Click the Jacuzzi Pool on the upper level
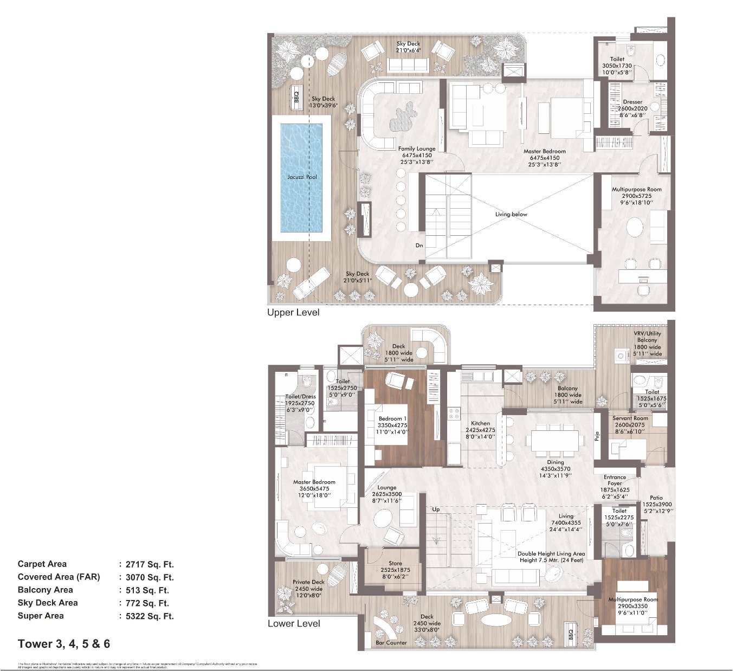click(x=302, y=177)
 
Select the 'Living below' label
click(x=511, y=215)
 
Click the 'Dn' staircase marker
click(x=419, y=246)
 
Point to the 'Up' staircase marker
click(x=436, y=509)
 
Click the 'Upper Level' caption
click(x=293, y=313)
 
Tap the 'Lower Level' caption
click(x=294, y=624)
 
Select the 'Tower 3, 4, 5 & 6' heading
click(x=64, y=644)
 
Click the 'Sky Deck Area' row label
click(x=48, y=603)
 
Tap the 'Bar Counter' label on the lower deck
click(x=391, y=643)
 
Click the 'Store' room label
click(x=395, y=564)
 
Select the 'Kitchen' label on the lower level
click(x=480, y=423)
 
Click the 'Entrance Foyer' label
click(x=615, y=480)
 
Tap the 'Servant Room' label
click(x=630, y=418)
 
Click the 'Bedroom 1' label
click(x=393, y=419)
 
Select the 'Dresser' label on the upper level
click(x=632, y=102)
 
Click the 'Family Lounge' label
click(x=417, y=149)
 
